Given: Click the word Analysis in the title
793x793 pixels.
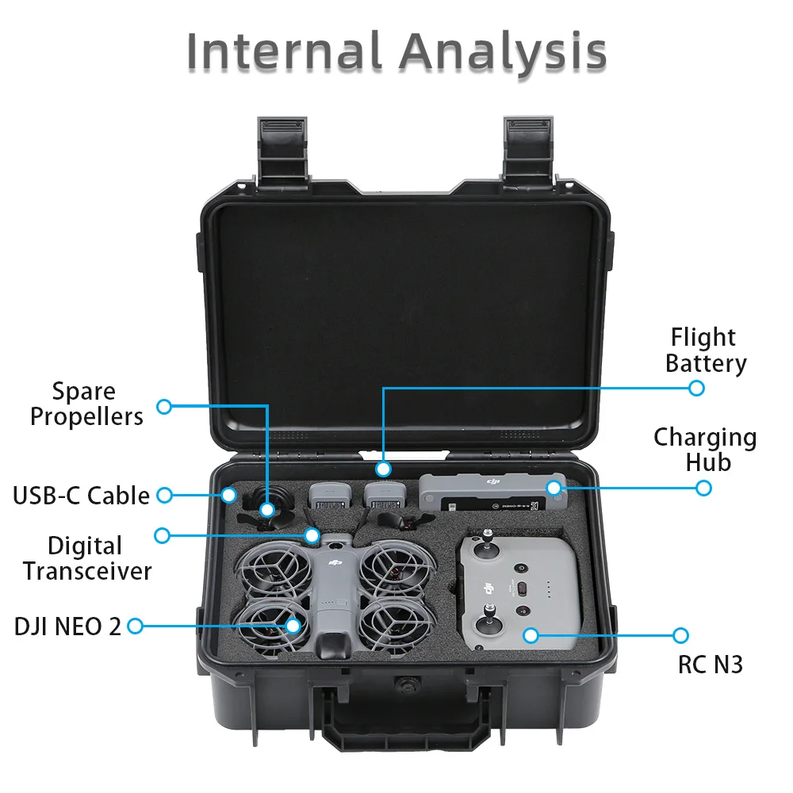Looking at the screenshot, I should point(503,52).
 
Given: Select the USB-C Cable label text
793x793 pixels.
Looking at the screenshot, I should point(81,496).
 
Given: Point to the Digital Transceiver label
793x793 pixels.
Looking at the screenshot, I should point(86,557).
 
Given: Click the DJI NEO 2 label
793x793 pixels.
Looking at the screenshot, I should point(68,626).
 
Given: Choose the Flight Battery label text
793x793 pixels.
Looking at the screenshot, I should point(705,350).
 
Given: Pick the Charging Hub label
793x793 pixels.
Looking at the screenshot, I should point(704,449).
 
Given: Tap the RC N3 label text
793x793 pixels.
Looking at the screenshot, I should point(710,664).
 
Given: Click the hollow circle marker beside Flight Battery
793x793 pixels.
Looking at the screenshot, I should point(696,388).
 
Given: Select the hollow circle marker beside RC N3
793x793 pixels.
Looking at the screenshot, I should point(680,635).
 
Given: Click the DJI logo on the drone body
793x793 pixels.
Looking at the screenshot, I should point(335,563).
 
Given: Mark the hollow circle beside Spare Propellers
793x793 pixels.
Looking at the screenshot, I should point(164,406).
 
